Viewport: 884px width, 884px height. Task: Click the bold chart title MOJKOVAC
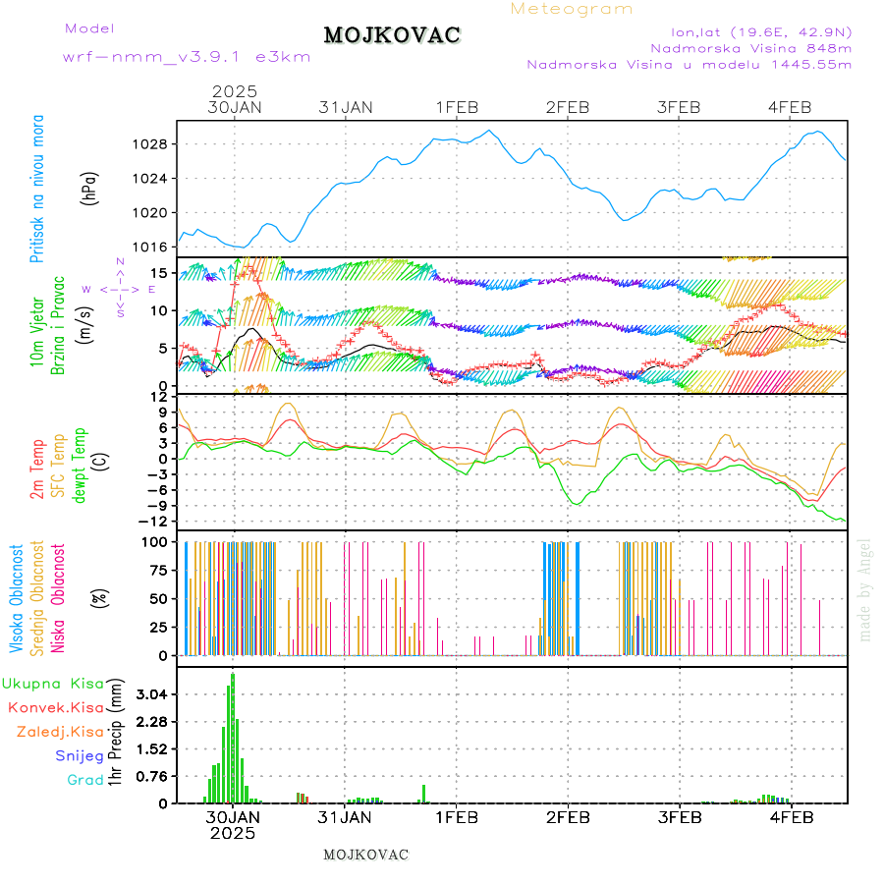coord(392,35)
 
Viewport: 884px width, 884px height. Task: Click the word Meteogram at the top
coord(572,9)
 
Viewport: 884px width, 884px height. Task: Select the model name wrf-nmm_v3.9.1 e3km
coord(187,56)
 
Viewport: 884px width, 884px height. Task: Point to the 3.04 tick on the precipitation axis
coord(153,694)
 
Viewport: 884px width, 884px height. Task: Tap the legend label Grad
coord(84,780)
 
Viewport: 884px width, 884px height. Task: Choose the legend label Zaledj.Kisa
coord(60,732)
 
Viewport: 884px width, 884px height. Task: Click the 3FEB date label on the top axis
coord(679,107)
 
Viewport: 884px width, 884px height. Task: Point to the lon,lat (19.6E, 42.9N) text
coord(760,31)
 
